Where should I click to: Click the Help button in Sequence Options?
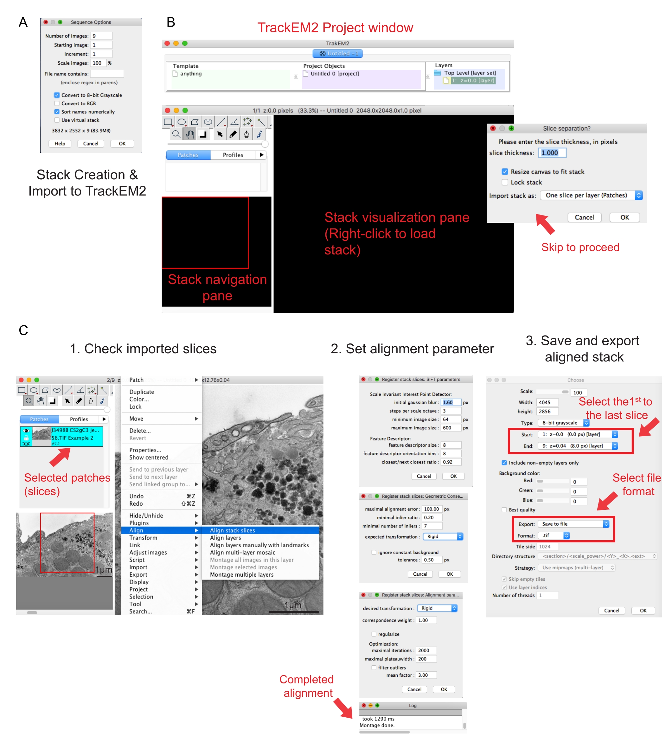(x=60, y=144)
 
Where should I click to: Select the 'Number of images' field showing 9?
(x=101, y=36)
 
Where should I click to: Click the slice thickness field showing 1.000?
(x=552, y=153)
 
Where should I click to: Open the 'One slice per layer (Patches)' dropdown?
(x=591, y=195)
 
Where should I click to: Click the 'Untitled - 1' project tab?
(x=337, y=54)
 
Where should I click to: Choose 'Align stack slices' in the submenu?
(x=233, y=530)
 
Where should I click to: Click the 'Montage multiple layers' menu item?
(x=242, y=574)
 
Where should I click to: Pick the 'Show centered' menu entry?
(x=149, y=458)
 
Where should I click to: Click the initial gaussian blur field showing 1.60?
(x=451, y=402)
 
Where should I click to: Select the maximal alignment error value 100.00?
(x=432, y=509)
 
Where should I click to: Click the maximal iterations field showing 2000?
(x=426, y=650)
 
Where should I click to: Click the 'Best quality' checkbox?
(x=504, y=510)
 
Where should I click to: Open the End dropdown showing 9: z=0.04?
(x=578, y=446)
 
